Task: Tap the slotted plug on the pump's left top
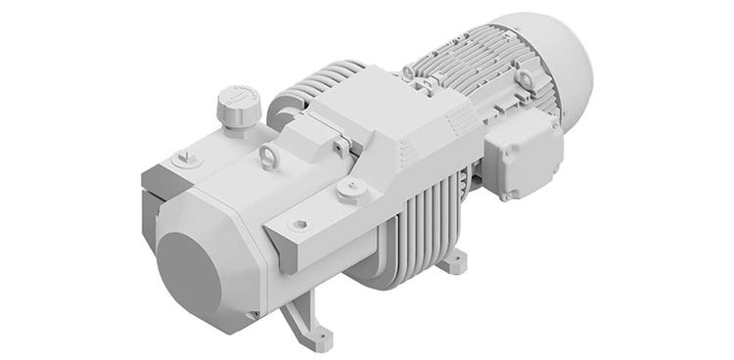183,159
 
